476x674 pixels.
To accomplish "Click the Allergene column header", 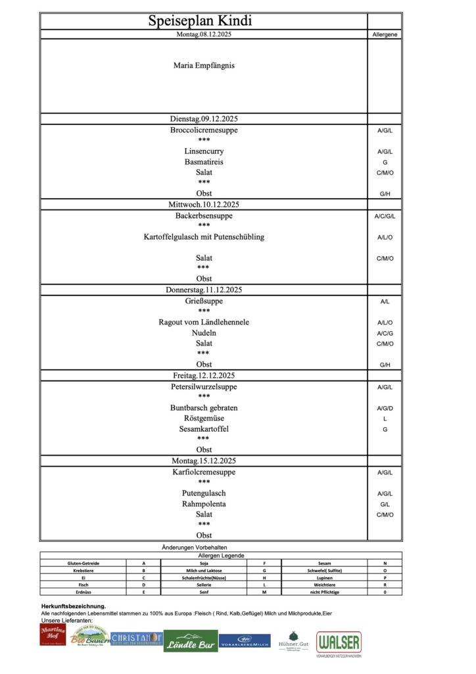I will (385, 34).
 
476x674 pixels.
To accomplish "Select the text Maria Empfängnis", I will (204, 65).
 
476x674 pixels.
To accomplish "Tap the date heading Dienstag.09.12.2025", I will (204, 119).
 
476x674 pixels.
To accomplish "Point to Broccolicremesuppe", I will (204, 130).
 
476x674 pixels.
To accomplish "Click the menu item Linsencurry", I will (204, 151).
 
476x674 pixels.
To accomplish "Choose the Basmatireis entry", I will (204, 162).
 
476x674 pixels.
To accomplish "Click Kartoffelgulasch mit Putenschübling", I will (204, 237).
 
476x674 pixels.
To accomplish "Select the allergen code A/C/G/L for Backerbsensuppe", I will (385, 216).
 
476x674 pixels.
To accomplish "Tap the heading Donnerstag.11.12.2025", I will (204, 290).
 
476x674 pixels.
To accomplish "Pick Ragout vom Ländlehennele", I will (204, 323).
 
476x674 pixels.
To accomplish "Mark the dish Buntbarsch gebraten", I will (204, 408).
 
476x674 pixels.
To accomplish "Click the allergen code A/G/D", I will (385, 408).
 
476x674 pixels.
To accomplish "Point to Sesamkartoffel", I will (204, 429).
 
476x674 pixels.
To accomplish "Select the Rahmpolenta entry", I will (204, 504).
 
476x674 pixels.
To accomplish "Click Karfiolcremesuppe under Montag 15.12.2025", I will (204, 473).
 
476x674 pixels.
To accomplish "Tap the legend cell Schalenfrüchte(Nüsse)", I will (204, 577).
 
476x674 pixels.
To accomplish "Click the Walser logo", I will (339, 643).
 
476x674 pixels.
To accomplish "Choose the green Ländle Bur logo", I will (191, 640).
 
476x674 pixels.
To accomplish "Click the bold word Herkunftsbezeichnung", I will (73, 606).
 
